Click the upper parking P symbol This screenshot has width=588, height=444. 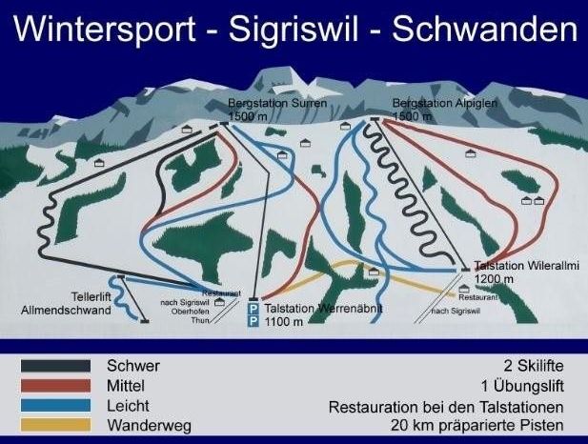coord(253,309)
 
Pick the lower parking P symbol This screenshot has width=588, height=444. coord(253,322)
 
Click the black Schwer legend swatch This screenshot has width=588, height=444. coord(56,365)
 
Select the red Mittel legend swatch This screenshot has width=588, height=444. coord(56,385)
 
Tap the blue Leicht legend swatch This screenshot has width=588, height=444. coord(56,405)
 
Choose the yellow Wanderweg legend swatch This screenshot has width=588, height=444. coord(56,424)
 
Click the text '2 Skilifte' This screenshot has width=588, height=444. coord(534,366)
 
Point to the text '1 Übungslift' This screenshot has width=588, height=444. coord(524,386)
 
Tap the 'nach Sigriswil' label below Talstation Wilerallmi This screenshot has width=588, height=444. coord(454,312)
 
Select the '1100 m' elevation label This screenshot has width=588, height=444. coord(285,322)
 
